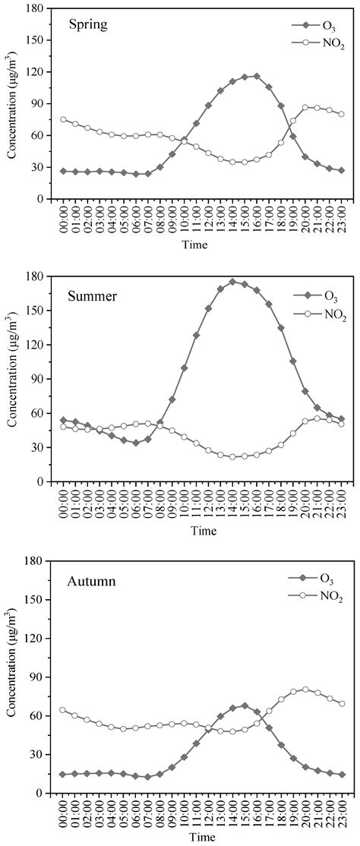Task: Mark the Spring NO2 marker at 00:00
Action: click(63, 119)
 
